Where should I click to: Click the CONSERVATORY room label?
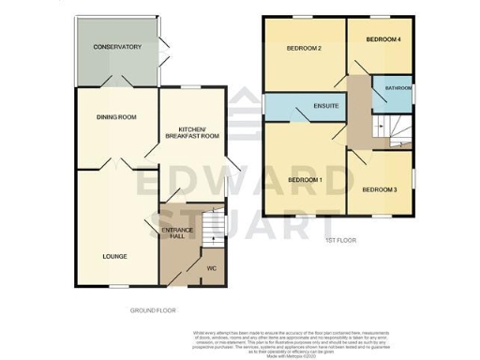coord(116,47)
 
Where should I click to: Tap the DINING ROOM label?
coord(117,117)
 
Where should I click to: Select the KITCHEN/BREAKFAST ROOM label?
coord(191,133)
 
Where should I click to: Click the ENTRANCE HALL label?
coord(178,233)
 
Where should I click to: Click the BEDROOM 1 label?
coord(305,180)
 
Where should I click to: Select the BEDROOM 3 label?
coord(380,190)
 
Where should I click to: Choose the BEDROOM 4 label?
coord(382,39)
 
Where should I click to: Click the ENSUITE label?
coord(326,108)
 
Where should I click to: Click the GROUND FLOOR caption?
coord(153,309)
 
